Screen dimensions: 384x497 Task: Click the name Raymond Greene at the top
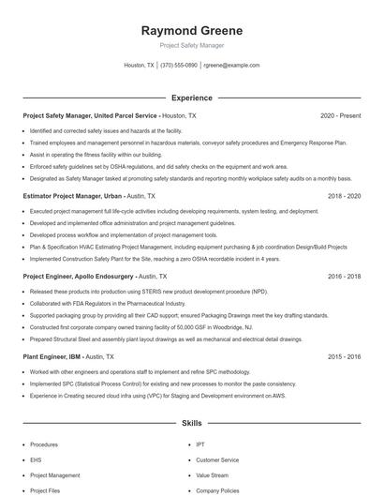(191, 30)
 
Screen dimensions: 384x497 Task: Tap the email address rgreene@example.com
(230, 65)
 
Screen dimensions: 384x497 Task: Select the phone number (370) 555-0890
(179, 65)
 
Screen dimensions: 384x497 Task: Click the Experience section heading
(191, 98)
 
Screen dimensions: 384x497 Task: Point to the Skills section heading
(191, 423)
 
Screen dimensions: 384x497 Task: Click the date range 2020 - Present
(340, 115)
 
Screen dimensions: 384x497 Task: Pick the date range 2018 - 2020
(344, 196)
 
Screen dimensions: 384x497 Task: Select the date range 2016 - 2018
(344, 277)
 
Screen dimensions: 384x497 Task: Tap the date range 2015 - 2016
(344, 357)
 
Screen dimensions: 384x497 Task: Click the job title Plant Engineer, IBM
(50, 357)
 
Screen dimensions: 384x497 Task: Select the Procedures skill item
(44, 444)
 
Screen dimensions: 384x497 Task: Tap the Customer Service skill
(217, 459)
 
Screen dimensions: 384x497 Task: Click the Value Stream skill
(212, 474)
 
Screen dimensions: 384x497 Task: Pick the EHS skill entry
(36, 459)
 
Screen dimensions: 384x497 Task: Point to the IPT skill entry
(200, 444)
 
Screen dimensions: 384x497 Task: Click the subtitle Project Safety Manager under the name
(191, 45)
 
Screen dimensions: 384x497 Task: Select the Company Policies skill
(218, 489)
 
